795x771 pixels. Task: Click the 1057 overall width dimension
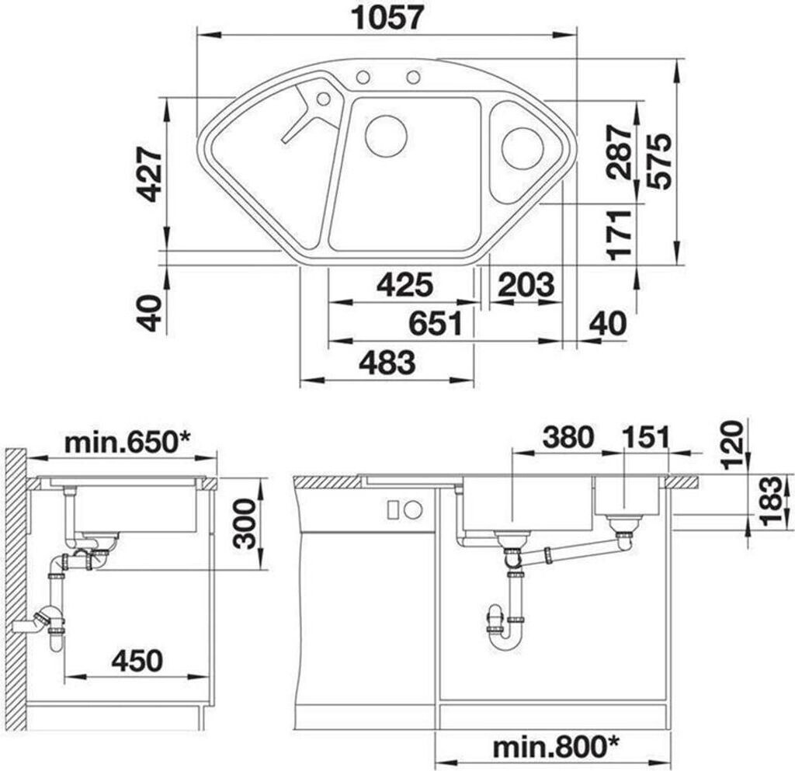(x=387, y=18)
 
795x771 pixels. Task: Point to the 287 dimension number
(x=620, y=153)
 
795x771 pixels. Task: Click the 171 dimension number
(x=620, y=234)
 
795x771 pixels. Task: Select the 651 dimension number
(x=436, y=324)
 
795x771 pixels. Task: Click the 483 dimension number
(x=387, y=363)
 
